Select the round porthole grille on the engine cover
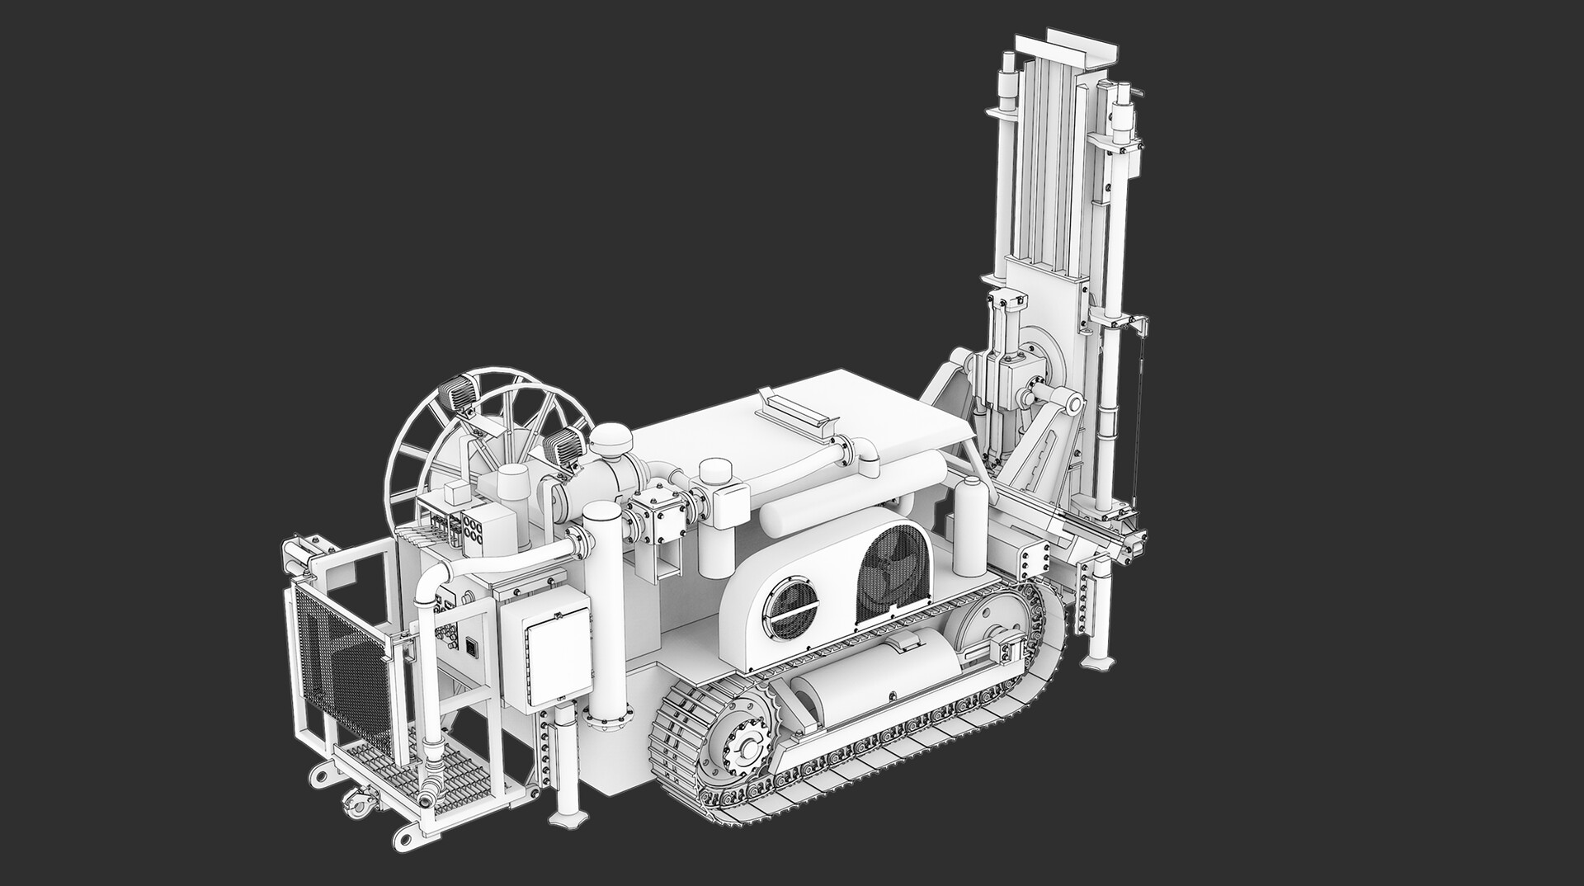[x=790, y=606]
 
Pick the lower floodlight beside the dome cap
[x=563, y=445]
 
